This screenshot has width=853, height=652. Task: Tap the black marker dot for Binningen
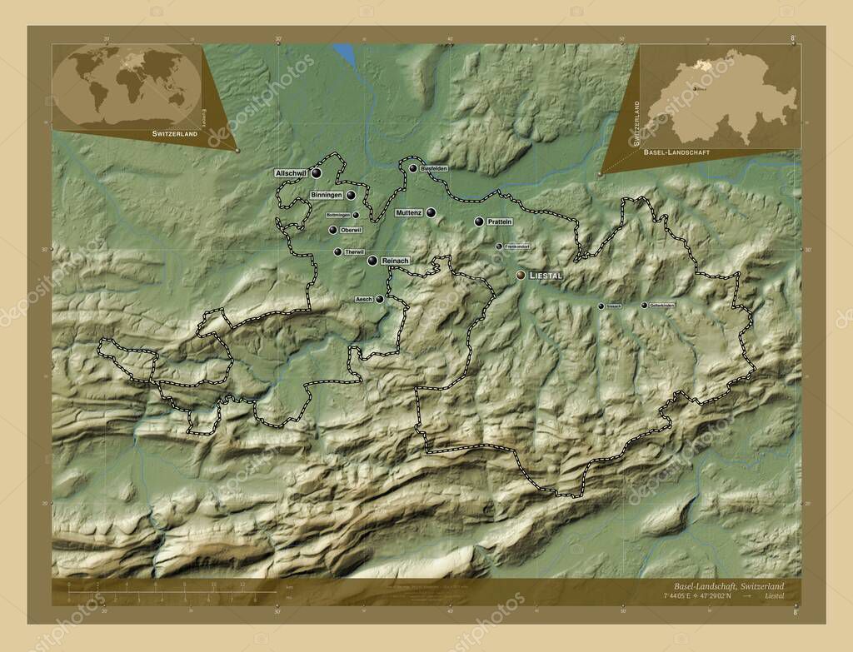click(352, 195)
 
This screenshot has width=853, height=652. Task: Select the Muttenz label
click(409, 213)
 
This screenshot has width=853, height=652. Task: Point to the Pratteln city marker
click(479, 221)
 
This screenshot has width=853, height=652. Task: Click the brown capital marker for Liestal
click(521, 274)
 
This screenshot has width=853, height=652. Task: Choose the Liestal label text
click(546, 274)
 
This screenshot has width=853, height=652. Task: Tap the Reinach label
click(395, 261)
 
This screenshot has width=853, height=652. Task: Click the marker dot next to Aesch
click(380, 298)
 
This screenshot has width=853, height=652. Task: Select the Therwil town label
click(354, 251)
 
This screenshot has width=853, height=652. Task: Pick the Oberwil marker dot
click(332, 230)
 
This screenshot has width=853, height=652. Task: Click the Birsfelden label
click(435, 168)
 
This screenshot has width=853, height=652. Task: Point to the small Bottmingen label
click(337, 214)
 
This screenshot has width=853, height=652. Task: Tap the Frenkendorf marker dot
click(499, 246)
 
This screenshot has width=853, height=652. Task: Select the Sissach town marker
click(601, 306)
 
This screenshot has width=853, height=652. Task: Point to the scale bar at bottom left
click(158, 592)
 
